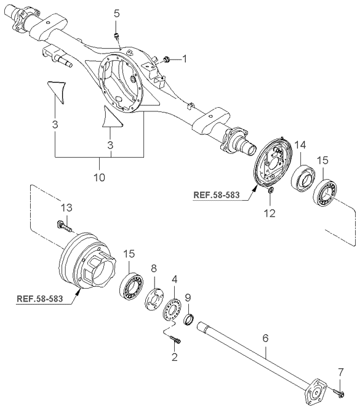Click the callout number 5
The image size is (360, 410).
116,14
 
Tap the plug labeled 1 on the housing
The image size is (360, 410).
166,60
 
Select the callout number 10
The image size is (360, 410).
100,177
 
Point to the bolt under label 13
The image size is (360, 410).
64,226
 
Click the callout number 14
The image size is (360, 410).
300,145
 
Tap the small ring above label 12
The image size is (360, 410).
271,191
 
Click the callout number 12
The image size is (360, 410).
270,214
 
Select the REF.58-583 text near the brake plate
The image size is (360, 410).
216,195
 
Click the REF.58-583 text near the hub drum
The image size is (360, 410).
40,299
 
